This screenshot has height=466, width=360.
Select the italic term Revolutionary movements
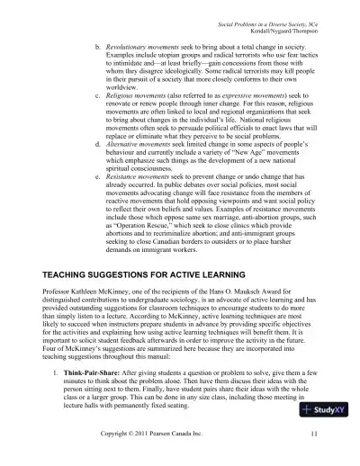coord(146,43)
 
